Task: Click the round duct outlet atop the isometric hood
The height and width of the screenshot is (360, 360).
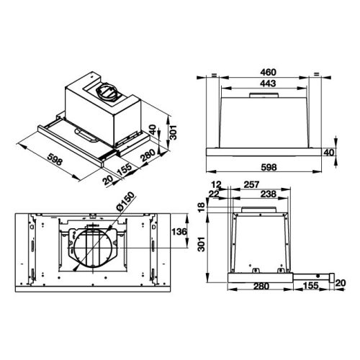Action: [106, 91]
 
